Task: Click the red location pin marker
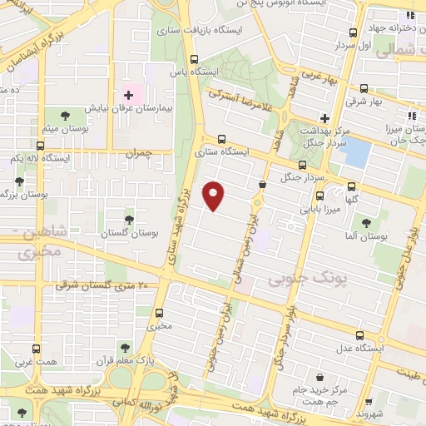[x=215, y=196]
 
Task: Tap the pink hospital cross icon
[x=128, y=96]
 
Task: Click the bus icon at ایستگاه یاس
[x=195, y=59]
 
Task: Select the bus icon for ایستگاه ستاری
[x=221, y=140]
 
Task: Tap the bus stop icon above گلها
[x=353, y=186]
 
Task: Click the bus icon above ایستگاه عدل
[x=359, y=335]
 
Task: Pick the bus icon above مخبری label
[x=160, y=315]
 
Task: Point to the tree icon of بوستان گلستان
[x=129, y=219]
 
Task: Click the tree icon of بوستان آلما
[x=366, y=223]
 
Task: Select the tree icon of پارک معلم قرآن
[x=125, y=347]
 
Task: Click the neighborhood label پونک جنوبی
[x=301, y=275]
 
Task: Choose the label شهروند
[x=367, y=414]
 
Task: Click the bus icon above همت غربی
[x=35, y=349]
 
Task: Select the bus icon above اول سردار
[x=354, y=33]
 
